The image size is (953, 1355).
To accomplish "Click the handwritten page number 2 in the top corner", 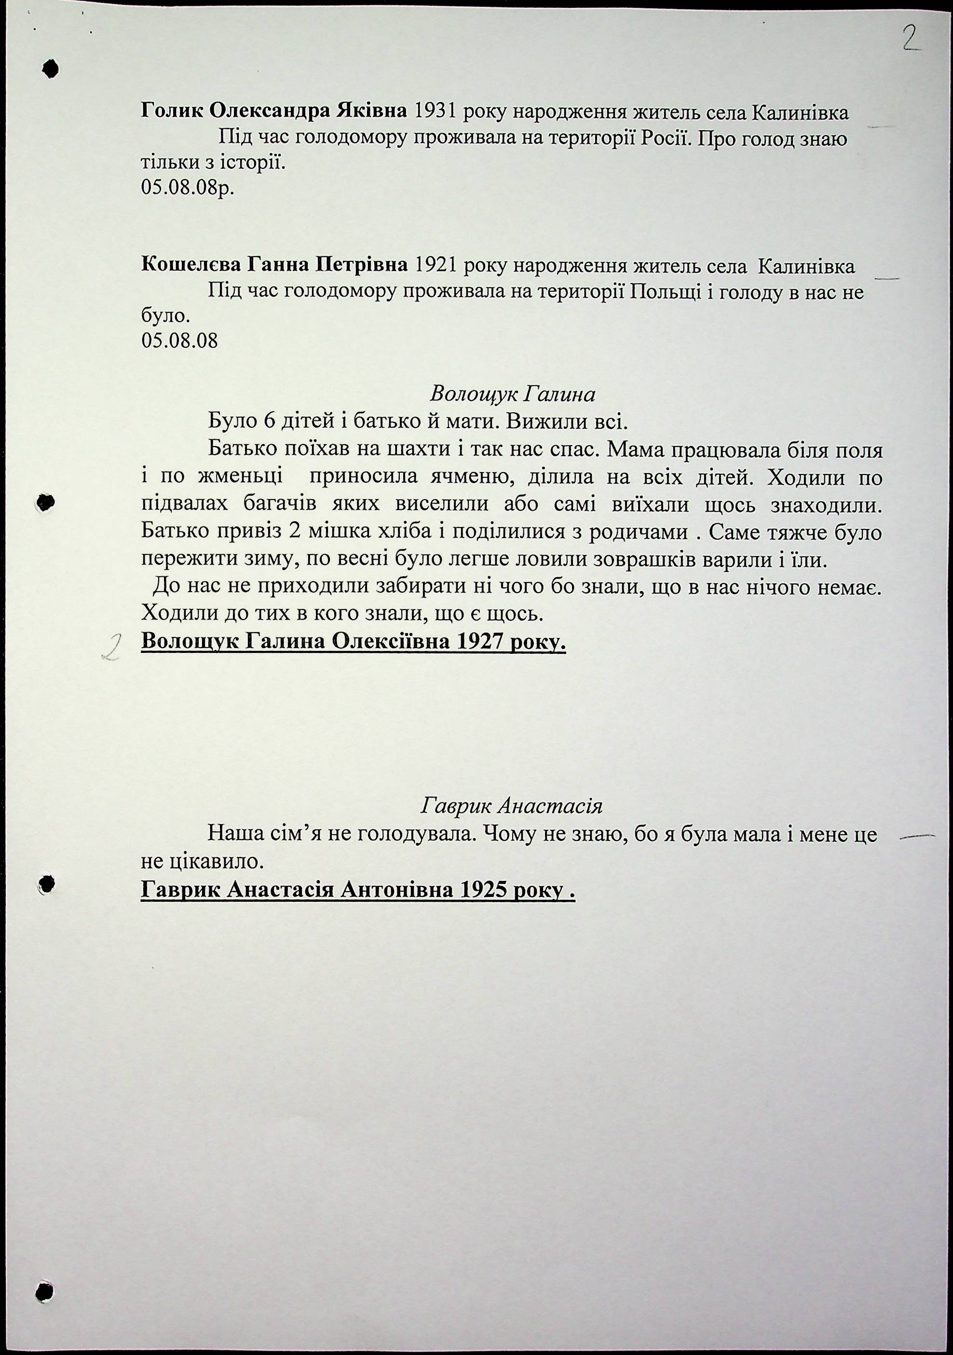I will pyautogui.click(x=912, y=40).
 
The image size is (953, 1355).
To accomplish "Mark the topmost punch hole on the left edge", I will pyautogui.click(x=51, y=69).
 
